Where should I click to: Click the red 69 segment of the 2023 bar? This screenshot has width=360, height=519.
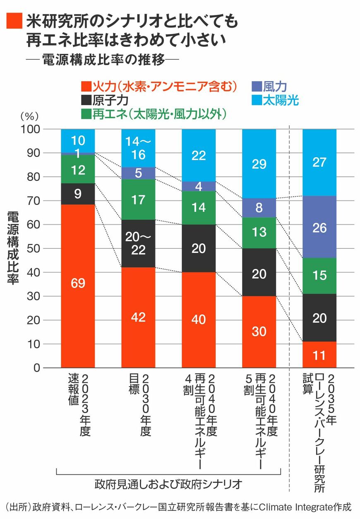point(78,286)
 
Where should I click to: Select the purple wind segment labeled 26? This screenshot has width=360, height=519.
point(319,227)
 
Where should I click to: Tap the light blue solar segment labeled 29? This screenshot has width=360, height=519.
point(259,163)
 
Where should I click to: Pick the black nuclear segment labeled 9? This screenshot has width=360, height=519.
point(78,194)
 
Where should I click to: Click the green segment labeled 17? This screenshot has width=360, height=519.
point(138,199)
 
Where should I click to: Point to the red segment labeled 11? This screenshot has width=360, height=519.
point(319,355)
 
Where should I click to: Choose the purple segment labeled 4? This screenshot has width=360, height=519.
point(199,186)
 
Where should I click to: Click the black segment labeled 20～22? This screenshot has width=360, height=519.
point(138,243)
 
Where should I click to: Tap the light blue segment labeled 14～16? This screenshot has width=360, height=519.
point(138,148)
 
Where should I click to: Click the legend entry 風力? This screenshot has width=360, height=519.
point(269,86)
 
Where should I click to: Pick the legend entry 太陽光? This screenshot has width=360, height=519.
point(275,100)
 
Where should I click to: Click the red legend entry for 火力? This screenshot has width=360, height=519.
point(159,86)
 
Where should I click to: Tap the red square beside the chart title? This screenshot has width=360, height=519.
point(14,19)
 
